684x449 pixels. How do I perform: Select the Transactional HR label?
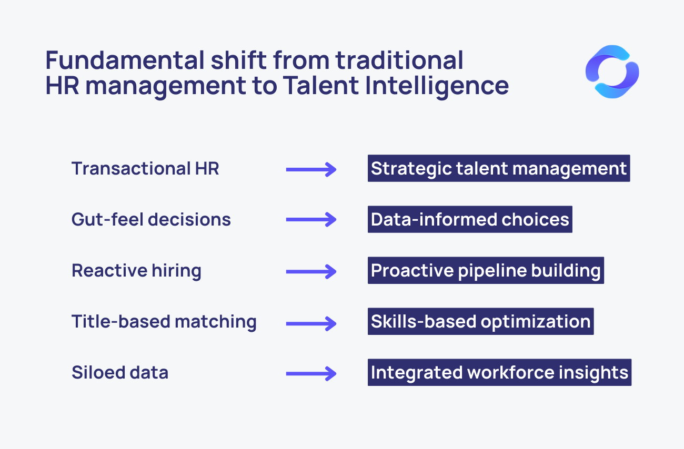click(145, 168)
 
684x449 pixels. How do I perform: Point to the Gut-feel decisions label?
click(151, 219)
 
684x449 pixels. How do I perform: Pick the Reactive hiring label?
click(136, 271)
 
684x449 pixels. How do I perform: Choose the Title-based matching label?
click(164, 322)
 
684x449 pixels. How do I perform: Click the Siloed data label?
click(120, 372)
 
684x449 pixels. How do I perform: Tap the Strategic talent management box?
click(499, 168)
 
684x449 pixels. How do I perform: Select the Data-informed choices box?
click(470, 219)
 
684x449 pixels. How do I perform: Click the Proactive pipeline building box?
click(486, 270)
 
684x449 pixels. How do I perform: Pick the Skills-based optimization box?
click(480, 321)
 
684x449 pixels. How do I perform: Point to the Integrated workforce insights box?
click(499, 372)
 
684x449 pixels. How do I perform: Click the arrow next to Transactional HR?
click(311, 170)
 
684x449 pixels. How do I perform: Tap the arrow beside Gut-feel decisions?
click(311, 220)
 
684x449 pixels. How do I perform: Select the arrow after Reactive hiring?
click(311, 271)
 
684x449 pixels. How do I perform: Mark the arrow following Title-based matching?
click(311, 324)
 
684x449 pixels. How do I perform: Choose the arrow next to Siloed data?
click(311, 374)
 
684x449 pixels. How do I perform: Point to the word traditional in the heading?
click(399, 60)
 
